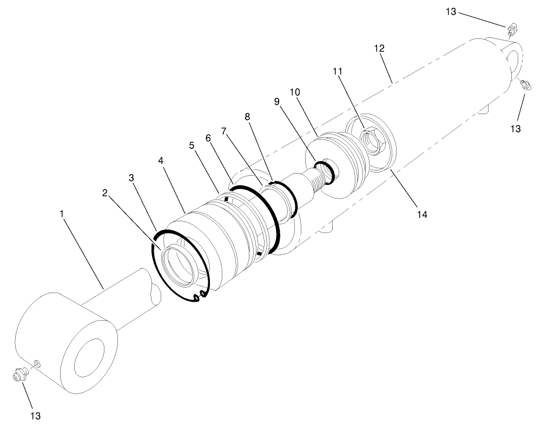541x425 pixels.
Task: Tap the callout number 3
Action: pyautogui.click(x=130, y=177)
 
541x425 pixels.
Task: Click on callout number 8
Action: pyautogui.click(x=247, y=116)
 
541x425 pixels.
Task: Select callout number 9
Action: pyautogui.click(x=276, y=101)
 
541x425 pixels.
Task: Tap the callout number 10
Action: pyautogui.click(x=295, y=92)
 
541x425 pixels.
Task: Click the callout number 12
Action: pyautogui.click(x=379, y=48)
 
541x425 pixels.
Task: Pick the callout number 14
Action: pyautogui.click(x=422, y=215)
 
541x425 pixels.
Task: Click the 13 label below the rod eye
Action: pyautogui.click(x=34, y=416)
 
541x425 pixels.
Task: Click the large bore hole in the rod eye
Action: pyautogui.click(x=90, y=358)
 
